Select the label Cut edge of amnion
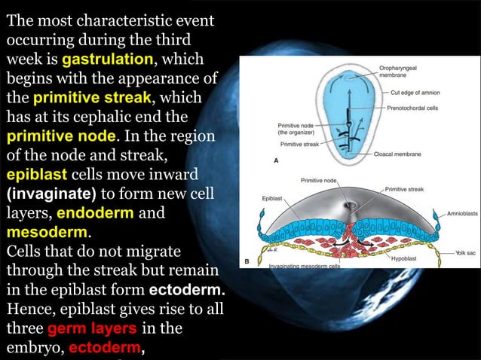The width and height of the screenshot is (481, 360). [x=416, y=93]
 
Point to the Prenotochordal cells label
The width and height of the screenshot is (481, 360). [x=416, y=108]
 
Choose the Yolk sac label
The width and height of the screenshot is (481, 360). [x=464, y=254]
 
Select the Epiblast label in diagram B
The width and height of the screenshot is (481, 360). [x=272, y=198]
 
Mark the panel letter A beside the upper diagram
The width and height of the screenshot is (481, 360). [x=275, y=161]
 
